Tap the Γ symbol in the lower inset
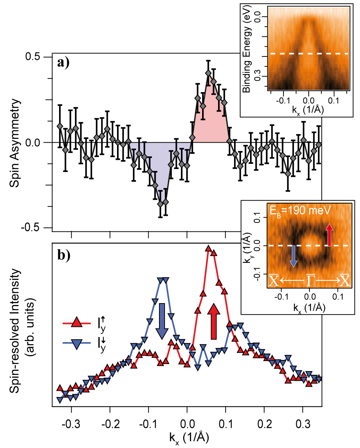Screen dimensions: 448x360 [309, 282]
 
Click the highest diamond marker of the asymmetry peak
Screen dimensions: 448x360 [208, 73]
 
